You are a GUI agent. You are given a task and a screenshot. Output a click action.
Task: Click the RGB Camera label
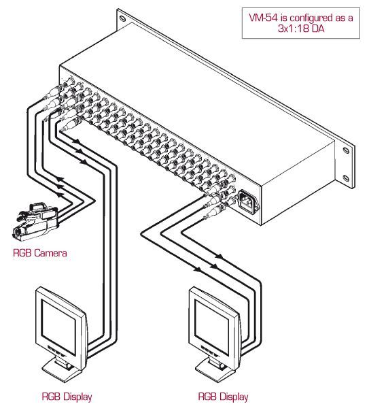coord(40,253)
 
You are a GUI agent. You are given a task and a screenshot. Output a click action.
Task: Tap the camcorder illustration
coord(35,222)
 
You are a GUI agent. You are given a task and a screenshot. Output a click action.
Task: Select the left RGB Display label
coord(67,397)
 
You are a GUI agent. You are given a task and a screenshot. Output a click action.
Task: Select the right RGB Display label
coord(223,397)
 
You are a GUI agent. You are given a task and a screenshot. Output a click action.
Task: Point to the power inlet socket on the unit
coord(249,202)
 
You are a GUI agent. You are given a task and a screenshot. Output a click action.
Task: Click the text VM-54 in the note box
coord(263,18)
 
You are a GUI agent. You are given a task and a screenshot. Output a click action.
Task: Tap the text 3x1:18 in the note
coord(294,29)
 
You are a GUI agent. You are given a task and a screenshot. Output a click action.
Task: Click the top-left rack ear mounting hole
coord(122,18)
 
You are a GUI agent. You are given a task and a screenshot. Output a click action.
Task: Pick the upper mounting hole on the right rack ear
coord(346,150)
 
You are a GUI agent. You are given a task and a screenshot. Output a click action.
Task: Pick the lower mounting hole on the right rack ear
coord(346,178)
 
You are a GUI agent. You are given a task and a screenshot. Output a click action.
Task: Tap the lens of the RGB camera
coord(16,233)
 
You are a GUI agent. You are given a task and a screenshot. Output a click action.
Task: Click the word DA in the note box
coord(318,29)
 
